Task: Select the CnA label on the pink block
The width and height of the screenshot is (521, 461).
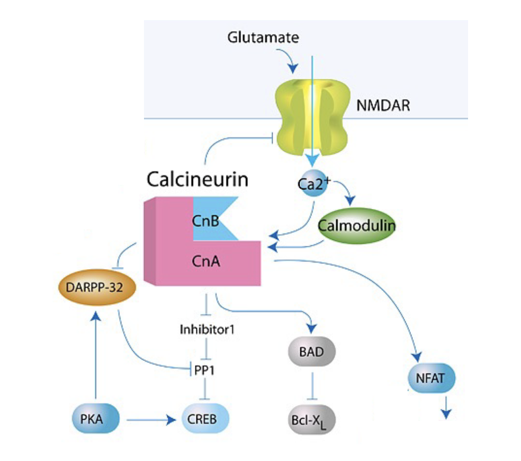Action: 205,260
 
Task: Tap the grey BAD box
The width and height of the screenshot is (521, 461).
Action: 312,352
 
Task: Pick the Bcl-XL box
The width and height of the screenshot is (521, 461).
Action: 312,421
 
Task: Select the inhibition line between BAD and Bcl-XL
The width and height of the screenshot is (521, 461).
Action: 312,386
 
